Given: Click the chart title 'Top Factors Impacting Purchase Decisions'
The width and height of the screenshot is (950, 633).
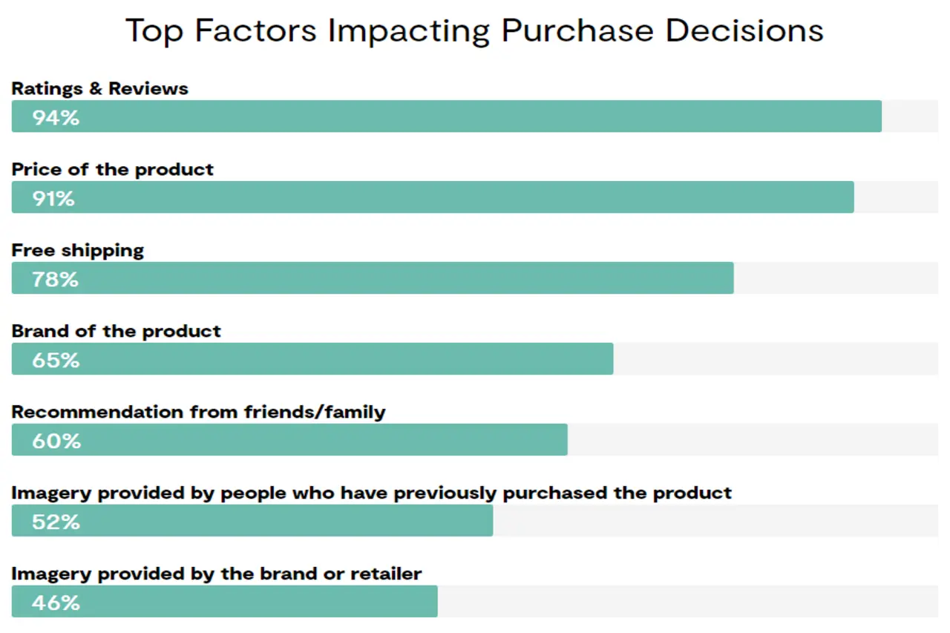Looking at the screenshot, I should pos(474,31).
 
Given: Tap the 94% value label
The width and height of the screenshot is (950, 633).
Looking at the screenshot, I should pos(56,117).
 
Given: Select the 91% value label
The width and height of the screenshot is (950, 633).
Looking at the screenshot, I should pos(53,198).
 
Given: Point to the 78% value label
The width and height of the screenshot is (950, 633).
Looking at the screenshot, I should pos(55,279).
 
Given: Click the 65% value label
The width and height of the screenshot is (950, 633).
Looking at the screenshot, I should pos(56,360).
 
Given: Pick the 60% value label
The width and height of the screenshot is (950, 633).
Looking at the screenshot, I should pos(56,441).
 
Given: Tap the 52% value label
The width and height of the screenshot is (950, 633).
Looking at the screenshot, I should pos(56,522).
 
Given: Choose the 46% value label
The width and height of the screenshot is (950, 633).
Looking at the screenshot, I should pos(56,603).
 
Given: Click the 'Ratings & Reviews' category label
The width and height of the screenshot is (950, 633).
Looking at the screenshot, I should pos(100,88).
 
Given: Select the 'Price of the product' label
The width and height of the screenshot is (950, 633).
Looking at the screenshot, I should pos(113,169).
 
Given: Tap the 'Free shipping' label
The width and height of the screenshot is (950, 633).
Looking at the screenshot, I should pos(78,250).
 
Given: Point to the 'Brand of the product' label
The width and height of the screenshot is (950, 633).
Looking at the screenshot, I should pos(117,331).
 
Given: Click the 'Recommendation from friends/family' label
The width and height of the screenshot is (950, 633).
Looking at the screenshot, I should pos(199,412).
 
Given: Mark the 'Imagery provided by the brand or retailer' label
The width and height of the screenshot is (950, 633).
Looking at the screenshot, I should pos(217,574).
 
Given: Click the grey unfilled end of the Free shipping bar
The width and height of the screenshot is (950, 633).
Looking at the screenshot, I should pos(835,278).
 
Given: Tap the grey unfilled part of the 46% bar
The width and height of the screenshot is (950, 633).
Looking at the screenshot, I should pos(687,602).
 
